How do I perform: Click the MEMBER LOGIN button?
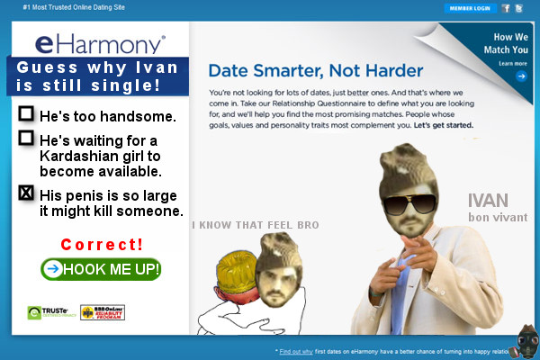tap(469, 8)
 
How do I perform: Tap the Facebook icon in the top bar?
tap(507, 8)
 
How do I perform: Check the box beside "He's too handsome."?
tap(26, 114)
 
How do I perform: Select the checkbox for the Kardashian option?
tap(26, 138)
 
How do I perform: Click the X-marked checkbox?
tap(26, 193)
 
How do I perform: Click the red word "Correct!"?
tap(101, 245)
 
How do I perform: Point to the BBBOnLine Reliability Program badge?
tap(101, 312)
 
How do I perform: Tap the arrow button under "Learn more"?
tap(521, 76)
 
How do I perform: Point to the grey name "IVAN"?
tap(488, 201)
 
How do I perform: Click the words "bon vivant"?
tap(497, 218)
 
